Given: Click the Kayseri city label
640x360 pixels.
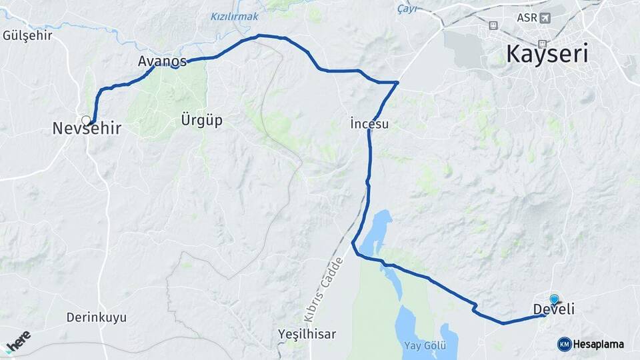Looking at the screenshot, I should (547, 53).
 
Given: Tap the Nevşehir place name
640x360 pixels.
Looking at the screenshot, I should (87, 129).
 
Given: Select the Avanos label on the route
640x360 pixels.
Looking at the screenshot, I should (162, 61).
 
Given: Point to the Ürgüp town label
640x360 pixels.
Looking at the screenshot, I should (201, 121).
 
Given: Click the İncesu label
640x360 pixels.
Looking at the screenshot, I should (369, 123).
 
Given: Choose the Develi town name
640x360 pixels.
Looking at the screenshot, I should (554, 309).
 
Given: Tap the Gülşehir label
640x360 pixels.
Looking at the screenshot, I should (27, 35).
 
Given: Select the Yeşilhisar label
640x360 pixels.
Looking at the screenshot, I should (307, 334).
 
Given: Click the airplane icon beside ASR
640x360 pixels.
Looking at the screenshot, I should (546, 17).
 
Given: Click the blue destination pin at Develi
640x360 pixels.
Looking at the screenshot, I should (554, 299).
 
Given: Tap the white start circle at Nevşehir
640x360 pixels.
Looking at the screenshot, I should (86, 120).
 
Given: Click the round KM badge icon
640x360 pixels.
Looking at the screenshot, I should (564, 344).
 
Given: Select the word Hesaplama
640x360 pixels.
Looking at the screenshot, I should (599, 344).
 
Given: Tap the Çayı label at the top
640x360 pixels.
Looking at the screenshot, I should (407, 9).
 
